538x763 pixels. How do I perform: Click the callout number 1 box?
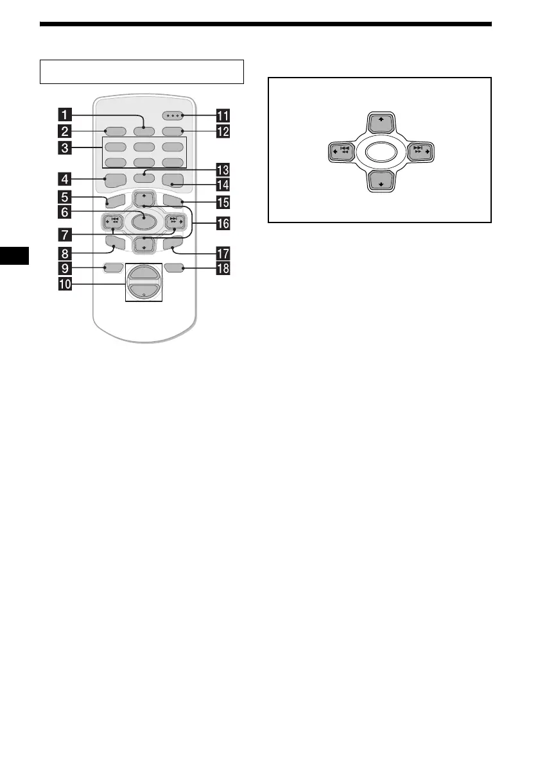point(65,116)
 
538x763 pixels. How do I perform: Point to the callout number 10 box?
point(65,283)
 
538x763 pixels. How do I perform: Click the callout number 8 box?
point(65,252)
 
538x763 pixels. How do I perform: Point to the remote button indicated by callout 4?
point(113,180)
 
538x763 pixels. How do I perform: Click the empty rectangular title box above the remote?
point(142,71)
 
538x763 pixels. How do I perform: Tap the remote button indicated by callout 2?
point(113,131)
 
